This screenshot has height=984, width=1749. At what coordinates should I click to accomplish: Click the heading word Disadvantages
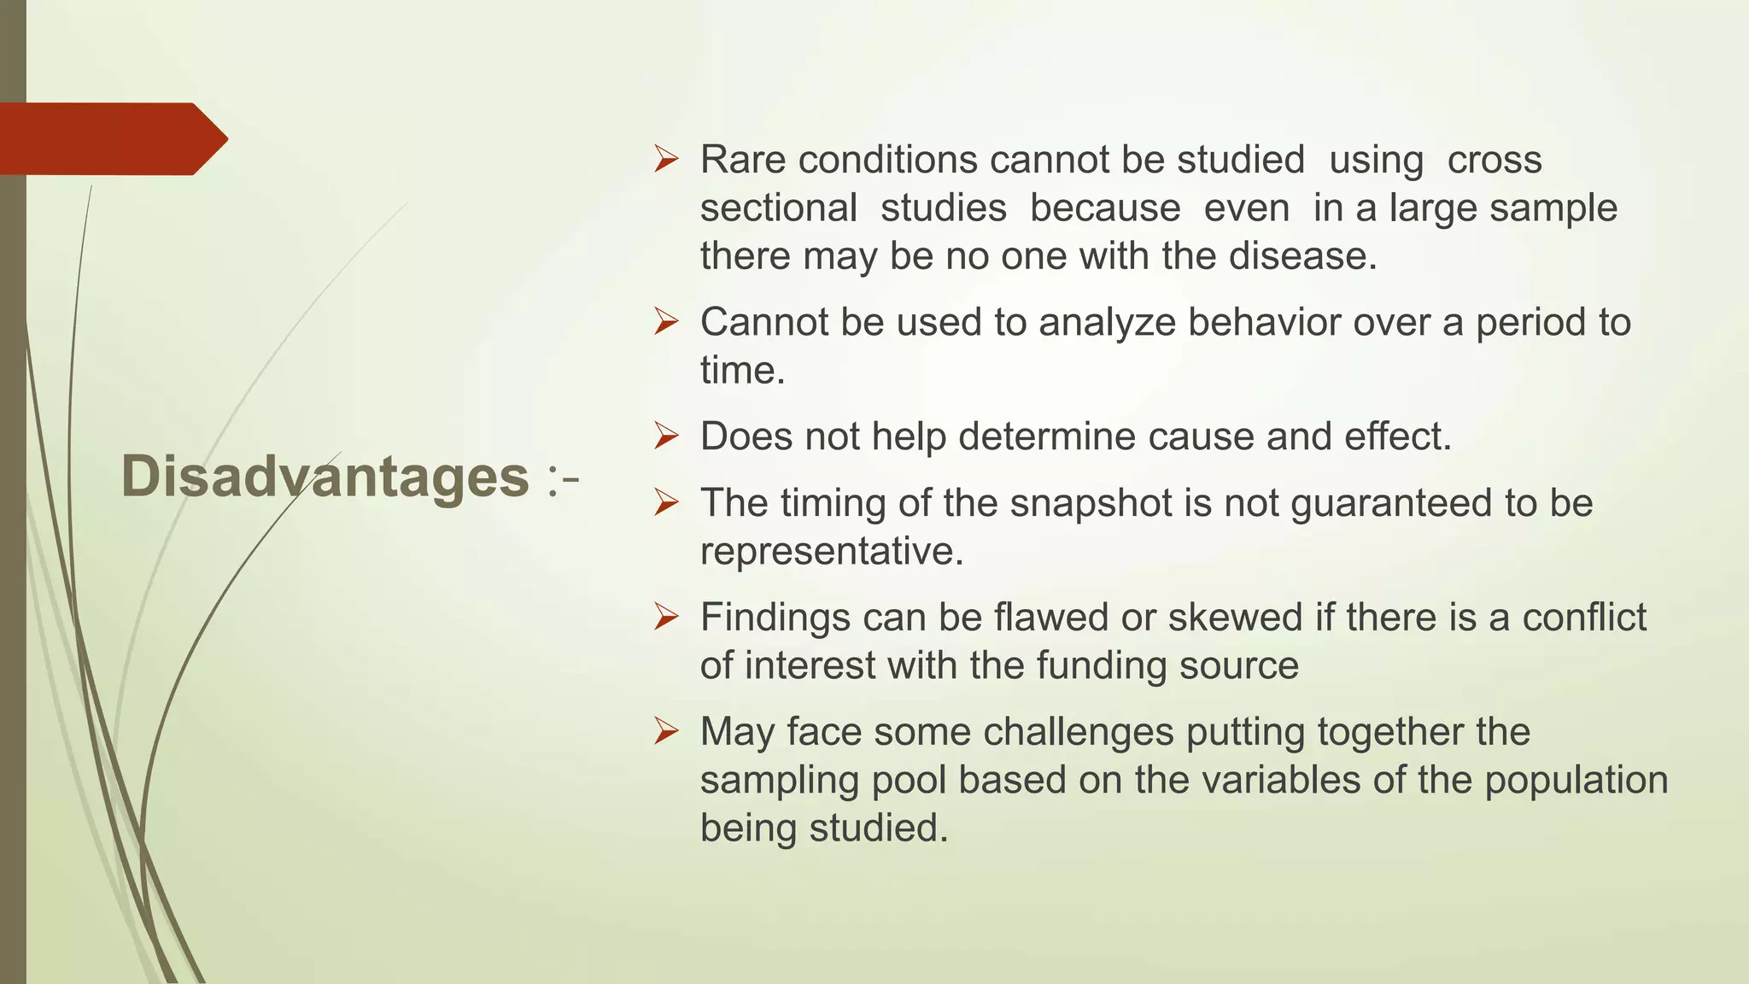(325, 476)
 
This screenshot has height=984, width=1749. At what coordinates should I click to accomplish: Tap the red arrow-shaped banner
(111, 138)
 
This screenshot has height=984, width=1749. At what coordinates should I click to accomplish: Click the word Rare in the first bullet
(742, 160)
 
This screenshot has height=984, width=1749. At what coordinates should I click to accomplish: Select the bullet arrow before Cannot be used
(665, 322)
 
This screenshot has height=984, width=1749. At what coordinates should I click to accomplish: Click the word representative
(831, 551)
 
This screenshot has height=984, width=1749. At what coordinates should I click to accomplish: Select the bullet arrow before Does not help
(665, 436)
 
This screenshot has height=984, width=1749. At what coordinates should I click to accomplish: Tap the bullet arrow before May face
(665, 732)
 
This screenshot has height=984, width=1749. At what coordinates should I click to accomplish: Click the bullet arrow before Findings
(665, 617)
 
